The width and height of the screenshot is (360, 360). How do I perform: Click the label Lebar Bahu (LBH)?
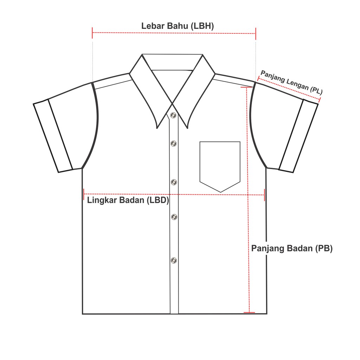178,26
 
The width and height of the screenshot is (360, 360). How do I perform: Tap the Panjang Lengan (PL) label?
291,82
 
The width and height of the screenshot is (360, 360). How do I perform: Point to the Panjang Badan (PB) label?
292,248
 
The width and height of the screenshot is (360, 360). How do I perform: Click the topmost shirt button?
173,115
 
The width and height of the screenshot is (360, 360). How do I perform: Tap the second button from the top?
173,143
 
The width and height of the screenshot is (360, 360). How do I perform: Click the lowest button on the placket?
174,260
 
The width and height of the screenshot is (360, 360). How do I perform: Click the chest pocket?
220,163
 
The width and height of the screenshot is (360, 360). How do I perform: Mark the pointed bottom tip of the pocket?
220,192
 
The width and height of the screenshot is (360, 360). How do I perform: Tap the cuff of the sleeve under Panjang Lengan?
298,136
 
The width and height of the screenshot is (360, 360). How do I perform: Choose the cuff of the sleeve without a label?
53,136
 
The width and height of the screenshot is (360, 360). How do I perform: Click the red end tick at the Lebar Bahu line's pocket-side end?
256,33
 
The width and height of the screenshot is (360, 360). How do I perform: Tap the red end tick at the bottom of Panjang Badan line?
249,312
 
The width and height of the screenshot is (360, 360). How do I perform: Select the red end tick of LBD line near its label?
84,194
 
